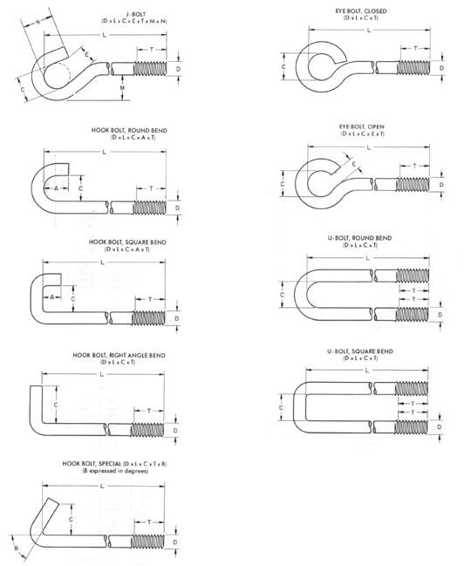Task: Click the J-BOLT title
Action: coord(136,15)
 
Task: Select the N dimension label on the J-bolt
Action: coord(38,23)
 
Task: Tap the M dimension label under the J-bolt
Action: coord(122,88)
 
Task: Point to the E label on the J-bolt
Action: coord(87,54)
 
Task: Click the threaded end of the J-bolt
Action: coord(151,69)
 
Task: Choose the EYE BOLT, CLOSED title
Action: coord(361,11)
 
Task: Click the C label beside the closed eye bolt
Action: coord(283,67)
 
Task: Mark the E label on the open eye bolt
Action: coord(354,164)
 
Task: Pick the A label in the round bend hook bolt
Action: coord(56,188)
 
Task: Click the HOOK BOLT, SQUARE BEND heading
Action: coord(127,242)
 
